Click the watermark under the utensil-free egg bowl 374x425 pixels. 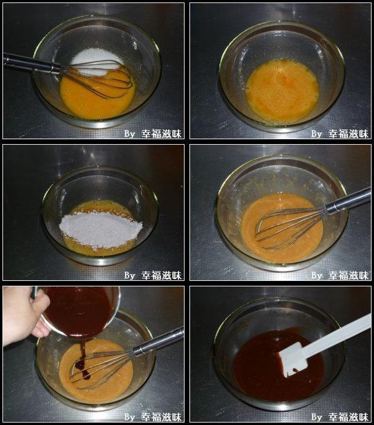click(340, 133)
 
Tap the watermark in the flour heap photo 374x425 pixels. click(153, 275)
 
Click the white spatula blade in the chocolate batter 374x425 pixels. click(294, 361)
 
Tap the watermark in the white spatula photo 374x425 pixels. click(340, 417)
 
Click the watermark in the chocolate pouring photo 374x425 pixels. click(153, 417)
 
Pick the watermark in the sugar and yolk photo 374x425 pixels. click(153, 133)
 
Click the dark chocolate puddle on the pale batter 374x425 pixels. click(82, 370)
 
